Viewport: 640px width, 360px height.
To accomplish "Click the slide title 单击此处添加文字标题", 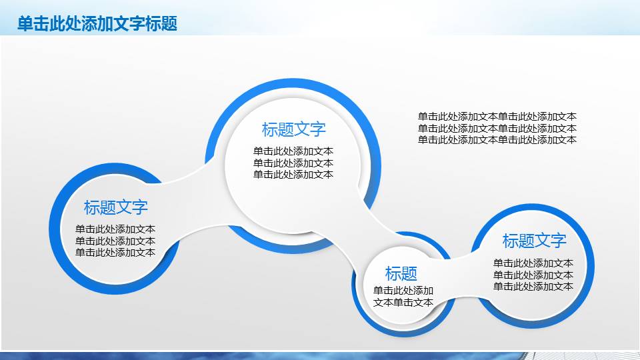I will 97,24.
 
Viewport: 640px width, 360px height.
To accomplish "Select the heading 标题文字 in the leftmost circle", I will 116,207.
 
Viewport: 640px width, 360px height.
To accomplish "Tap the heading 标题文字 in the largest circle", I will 294,129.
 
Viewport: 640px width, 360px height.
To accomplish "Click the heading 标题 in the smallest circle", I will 401,273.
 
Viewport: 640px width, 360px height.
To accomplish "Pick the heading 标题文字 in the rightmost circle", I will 534,241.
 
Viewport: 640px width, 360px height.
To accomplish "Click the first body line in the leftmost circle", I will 115,229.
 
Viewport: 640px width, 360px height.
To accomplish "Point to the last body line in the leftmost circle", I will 115,253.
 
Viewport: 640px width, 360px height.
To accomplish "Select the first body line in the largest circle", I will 293,151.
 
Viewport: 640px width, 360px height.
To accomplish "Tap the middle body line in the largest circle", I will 293,163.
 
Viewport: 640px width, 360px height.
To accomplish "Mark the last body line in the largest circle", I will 293,175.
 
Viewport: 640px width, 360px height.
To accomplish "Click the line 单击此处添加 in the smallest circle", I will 403,291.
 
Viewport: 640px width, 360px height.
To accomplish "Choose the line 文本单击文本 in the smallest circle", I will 403,302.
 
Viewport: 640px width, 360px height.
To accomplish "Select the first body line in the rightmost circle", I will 533,263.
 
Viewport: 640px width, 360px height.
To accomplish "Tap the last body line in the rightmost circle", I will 533,287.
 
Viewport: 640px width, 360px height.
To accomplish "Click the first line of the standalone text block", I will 497,116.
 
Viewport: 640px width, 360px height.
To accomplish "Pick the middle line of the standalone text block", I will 497,128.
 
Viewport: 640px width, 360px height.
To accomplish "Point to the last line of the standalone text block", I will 497,140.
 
